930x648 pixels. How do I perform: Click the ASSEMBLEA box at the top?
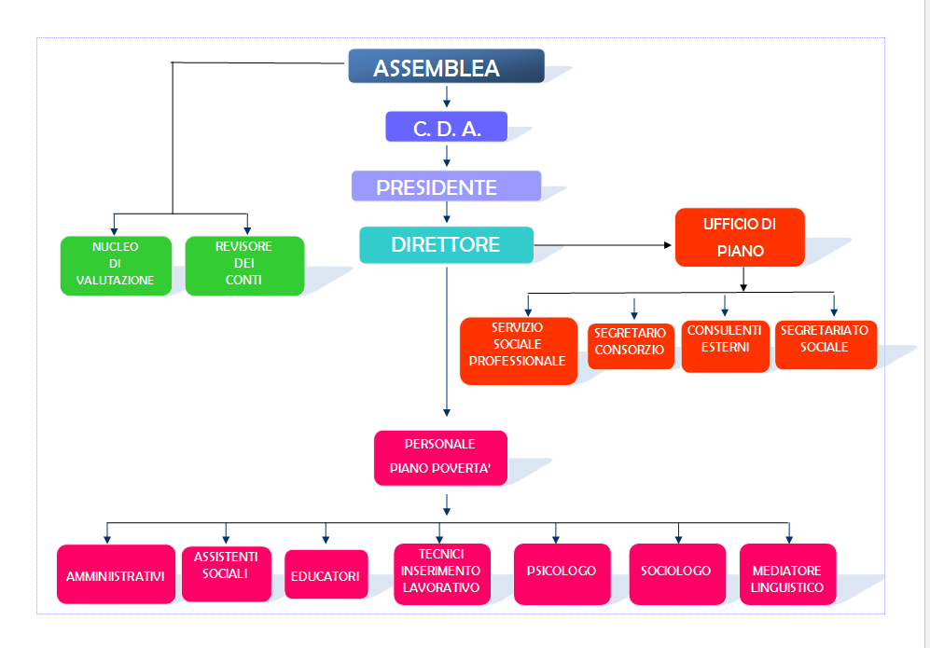click(446, 66)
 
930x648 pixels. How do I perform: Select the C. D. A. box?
click(446, 127)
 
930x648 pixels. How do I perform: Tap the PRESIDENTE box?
click(446, 186)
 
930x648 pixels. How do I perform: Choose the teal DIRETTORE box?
click(446, 245)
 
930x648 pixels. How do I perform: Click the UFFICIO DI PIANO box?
click(740, 237)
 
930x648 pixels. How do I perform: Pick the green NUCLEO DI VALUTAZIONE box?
click(116, 266)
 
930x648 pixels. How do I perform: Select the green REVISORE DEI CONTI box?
click(244, 266)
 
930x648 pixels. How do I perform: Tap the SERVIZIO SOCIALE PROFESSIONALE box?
click(518, 351)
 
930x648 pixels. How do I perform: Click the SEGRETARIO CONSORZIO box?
click(631, 346)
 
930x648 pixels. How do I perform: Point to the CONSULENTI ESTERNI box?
click(725, 346)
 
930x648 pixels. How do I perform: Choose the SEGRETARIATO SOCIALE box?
click(826, 344)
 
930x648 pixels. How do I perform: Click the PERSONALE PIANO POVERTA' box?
click(440, 458)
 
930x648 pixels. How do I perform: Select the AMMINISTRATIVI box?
click(116, 574)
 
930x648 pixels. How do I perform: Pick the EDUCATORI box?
click(326, 574)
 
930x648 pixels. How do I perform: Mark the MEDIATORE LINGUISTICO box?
click(787, 573)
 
